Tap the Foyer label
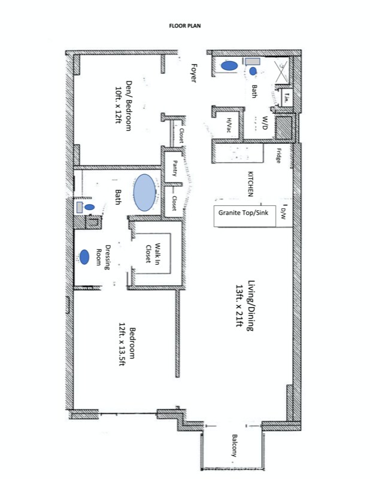point(193,72)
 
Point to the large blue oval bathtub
point(144,192)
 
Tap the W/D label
point(264,123)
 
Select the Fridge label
point(279,156)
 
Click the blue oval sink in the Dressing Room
point(85,257)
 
